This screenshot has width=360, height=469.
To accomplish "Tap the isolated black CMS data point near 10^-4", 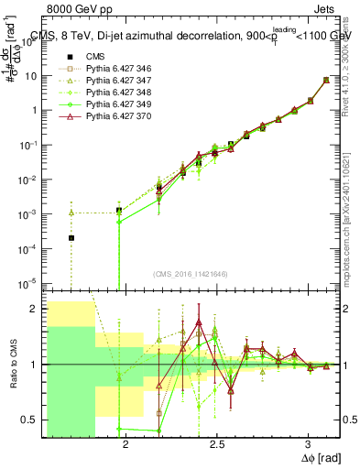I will tap(71, 238).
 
